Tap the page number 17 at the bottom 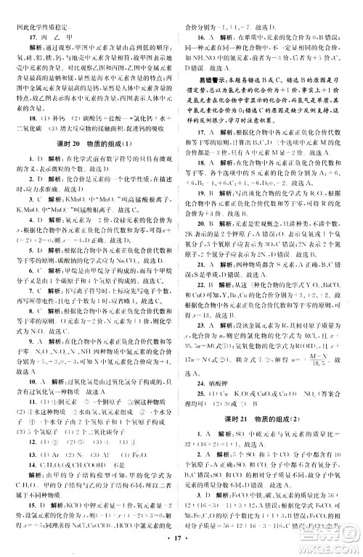click(x=182, y=540)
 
